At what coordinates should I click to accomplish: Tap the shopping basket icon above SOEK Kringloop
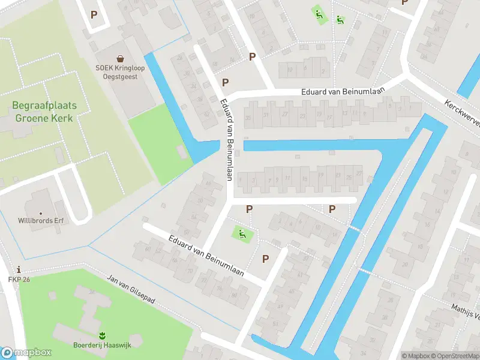(120, 59)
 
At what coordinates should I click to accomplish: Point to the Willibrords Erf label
(41, 220)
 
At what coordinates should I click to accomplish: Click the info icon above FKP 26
(19, 269)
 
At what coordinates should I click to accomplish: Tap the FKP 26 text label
(19, 279)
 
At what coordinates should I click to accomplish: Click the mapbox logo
(26, 353)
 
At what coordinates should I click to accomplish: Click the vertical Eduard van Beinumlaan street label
(226, 139)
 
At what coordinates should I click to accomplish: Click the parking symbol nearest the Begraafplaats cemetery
(93, 14)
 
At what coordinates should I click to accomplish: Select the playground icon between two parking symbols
(241, 233)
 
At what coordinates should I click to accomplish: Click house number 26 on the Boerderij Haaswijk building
(92, 292)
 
